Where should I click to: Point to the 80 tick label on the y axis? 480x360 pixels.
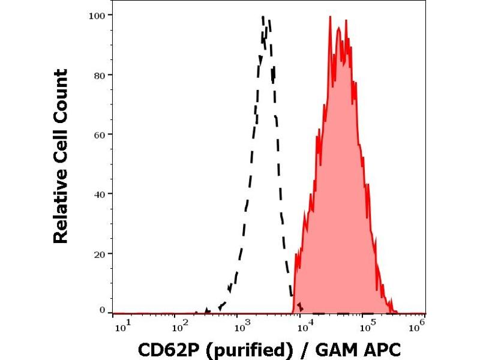(100, 75)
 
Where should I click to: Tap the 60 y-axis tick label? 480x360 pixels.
(100, 134)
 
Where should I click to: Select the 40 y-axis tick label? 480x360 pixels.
(100, 194)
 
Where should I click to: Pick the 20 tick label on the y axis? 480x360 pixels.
(100, 254)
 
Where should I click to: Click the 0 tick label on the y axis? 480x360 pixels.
(103, 310)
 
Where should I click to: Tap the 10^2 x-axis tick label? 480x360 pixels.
(179, 325)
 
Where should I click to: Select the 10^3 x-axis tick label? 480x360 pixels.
(242, 325)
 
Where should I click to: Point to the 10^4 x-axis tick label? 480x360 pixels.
(305, 325)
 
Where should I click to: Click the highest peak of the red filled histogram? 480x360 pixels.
(330, 17)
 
